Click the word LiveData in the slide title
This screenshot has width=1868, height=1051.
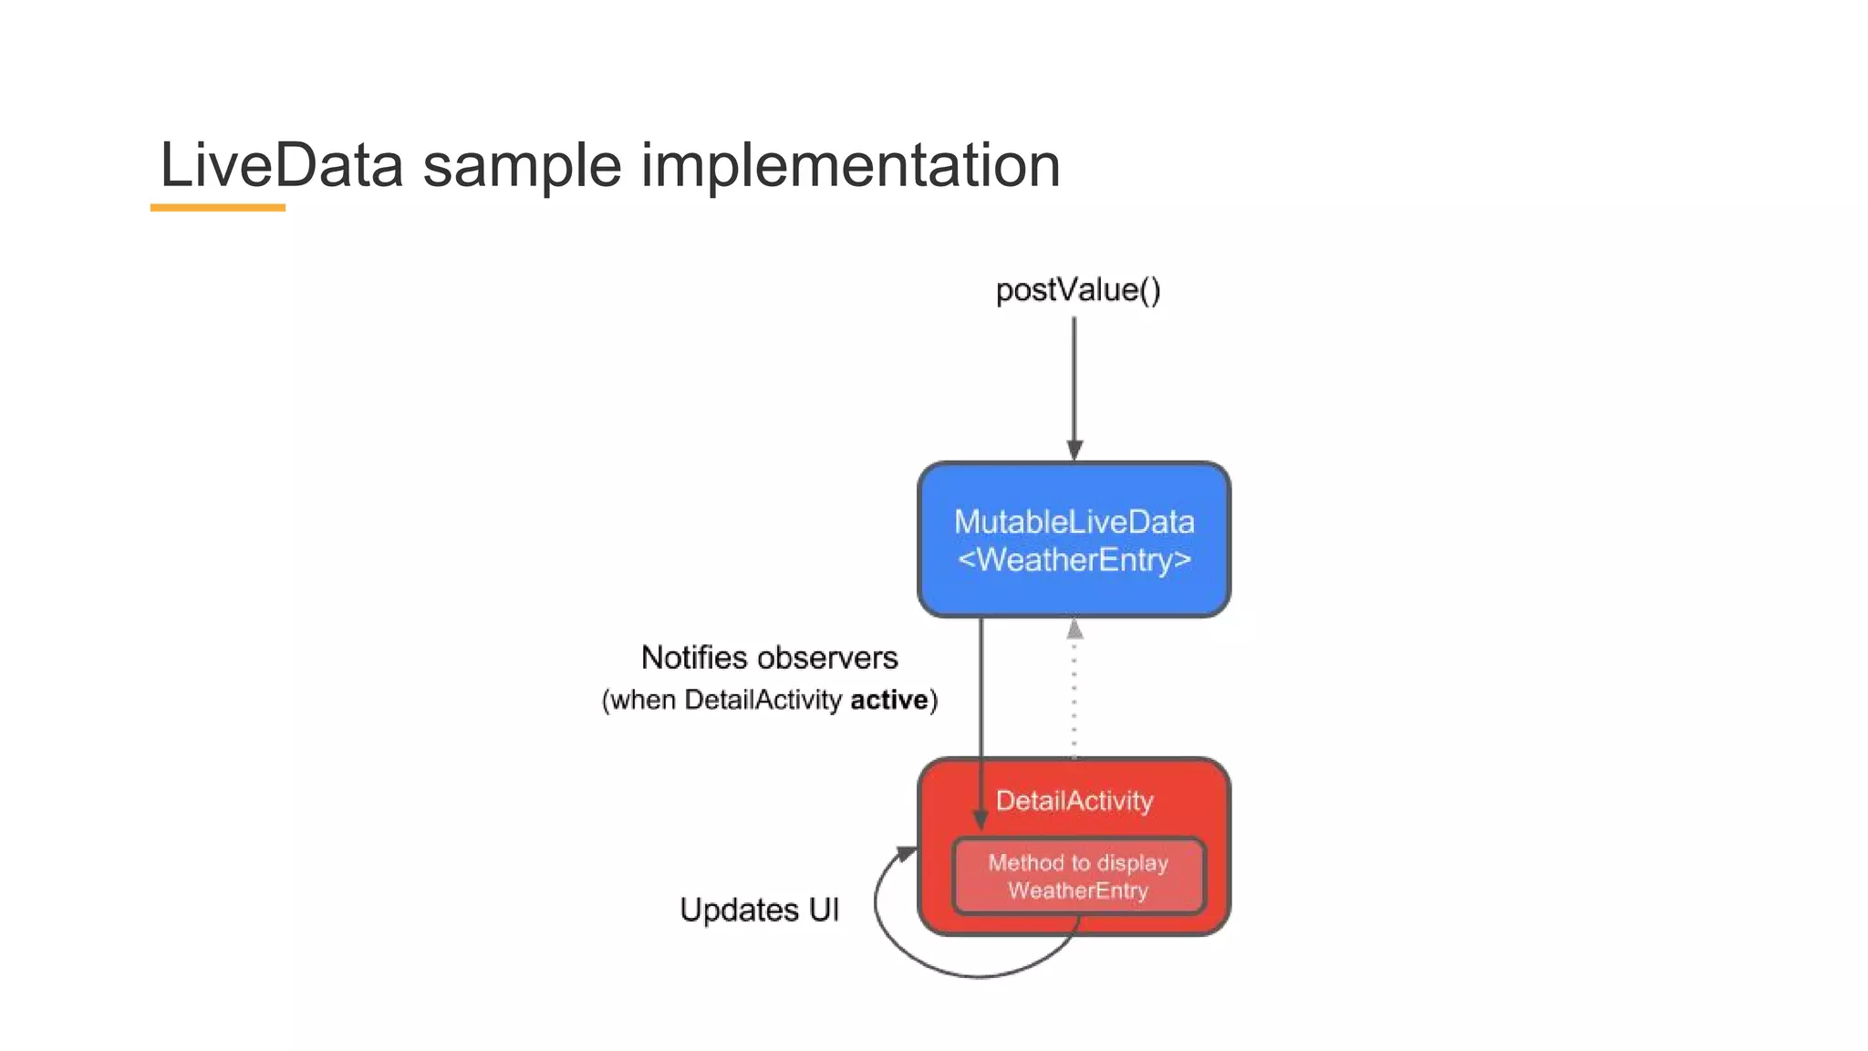[281, 166]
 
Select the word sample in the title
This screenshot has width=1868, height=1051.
[522, 166]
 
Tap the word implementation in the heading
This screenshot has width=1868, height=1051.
[850, 166]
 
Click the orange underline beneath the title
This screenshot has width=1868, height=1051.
[217, 208]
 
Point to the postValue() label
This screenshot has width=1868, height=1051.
[1077, 290]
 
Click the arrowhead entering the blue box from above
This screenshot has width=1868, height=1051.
[1074, 450]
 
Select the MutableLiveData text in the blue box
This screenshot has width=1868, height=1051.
[1074, 522]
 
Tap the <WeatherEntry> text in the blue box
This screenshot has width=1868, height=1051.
[1074, 559]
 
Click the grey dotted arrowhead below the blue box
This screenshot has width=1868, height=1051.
[1074, 630]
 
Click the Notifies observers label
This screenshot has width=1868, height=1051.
[769, 658]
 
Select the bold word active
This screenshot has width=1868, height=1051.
[888, 700]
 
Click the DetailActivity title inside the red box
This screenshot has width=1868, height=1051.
[1074, 801]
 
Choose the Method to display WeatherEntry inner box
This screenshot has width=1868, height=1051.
[1078, 877]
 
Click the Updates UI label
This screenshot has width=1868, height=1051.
[759, 910]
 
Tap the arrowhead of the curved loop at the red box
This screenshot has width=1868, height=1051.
[906, 853]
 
